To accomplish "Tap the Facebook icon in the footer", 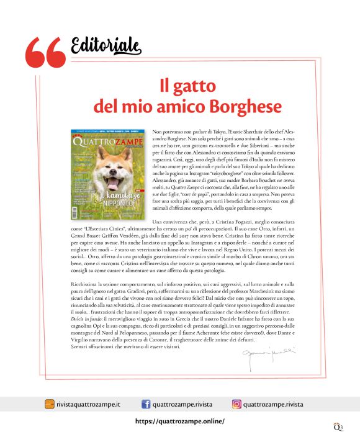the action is (x=146, y=404).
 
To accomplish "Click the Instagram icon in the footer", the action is (x=236, y=404).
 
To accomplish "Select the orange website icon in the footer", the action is (x=49, y=404).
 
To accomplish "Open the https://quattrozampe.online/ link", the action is (x=179, y=421).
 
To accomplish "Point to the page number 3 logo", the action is (x=338, y=427).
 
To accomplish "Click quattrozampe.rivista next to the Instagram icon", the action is (x=273, y=405).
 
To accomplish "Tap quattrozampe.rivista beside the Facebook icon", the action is (x=182, y=405).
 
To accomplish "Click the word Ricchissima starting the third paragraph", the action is (x=86, y=284).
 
